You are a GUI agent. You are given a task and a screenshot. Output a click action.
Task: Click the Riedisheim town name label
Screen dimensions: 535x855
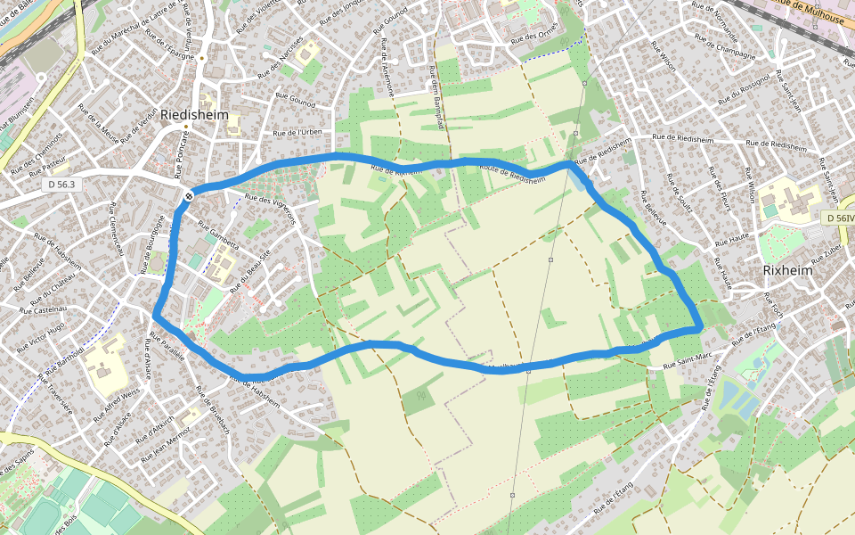tap(195, 115)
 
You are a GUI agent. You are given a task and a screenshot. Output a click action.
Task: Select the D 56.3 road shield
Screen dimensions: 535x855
tap(61, 184)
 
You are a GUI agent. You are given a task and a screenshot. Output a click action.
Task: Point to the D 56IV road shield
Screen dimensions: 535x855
tap(838, 218)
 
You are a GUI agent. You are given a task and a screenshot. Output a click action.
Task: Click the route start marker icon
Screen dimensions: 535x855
tap(190, 194)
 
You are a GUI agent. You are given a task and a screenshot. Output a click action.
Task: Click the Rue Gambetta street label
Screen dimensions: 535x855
tap(218, 233)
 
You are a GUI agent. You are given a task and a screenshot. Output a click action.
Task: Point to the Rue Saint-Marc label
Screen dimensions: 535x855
tap(688, 361)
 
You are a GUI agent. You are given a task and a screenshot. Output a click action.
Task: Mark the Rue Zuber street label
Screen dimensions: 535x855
tap(826, 253)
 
